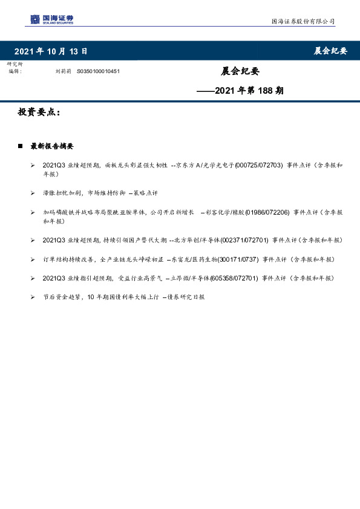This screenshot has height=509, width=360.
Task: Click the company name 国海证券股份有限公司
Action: (303, 22)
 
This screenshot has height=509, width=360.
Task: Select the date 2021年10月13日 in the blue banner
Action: (51, 51)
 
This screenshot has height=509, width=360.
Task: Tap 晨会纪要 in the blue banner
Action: (330, 51)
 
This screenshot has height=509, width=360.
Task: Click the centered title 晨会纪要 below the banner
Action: (240, 71)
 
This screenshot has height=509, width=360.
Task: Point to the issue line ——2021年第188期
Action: (241, 91)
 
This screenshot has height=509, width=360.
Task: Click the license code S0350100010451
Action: (98, 71)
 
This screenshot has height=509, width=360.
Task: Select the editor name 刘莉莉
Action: (63, 71)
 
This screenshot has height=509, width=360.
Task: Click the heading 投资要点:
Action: (39, 112)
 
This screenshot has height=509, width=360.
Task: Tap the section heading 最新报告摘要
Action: (52, 146)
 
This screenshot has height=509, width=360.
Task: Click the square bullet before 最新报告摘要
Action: (21, 146)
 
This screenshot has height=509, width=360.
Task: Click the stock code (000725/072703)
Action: (258, 165)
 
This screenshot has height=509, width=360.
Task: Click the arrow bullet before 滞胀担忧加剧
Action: (32, 193)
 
